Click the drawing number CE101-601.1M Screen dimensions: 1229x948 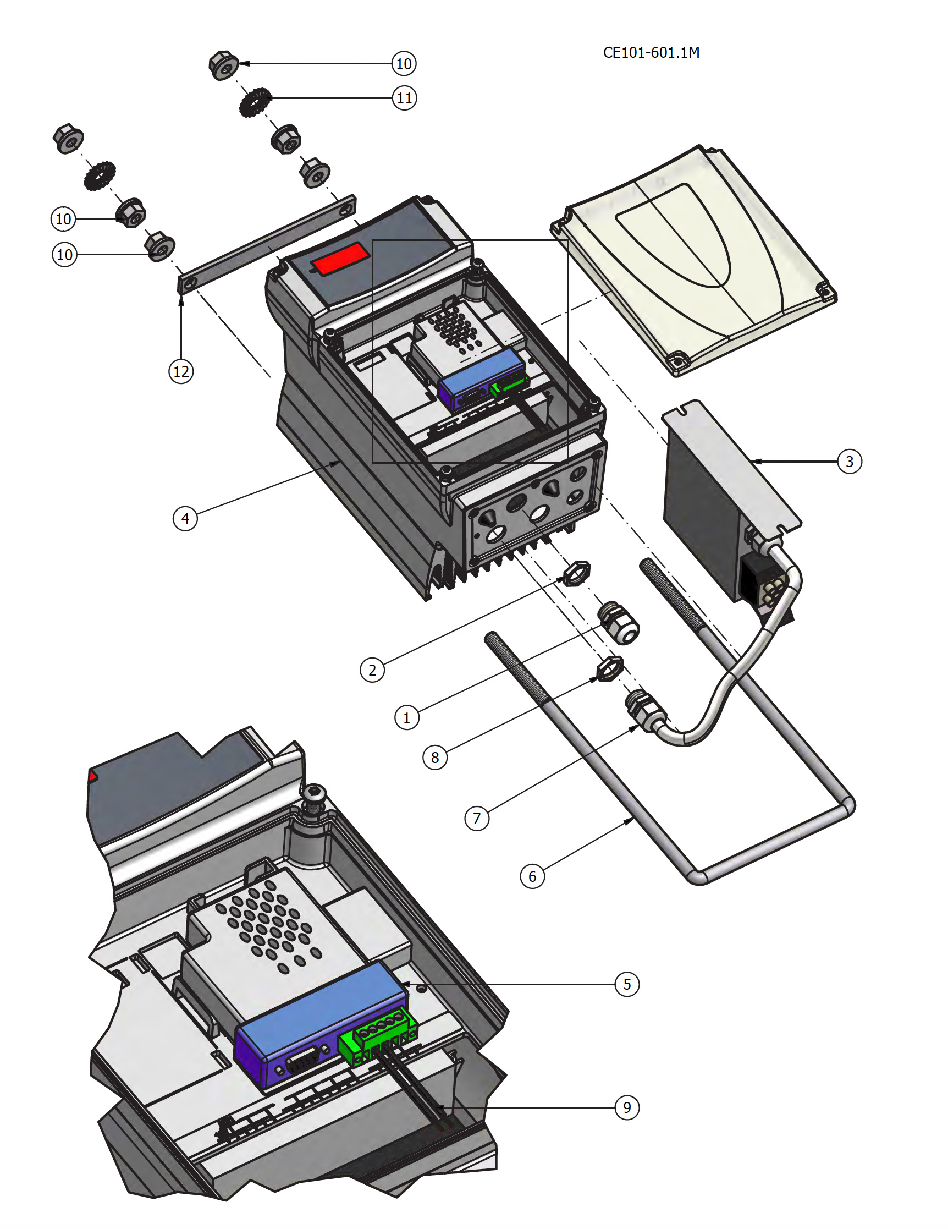(x=651, y=52)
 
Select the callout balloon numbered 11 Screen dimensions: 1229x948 (x=404, y=98)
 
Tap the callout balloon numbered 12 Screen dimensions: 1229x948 (x=181, y=371)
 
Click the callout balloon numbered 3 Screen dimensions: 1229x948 (x=849, y=462)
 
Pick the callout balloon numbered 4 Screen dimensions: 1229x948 (x=185, y=518)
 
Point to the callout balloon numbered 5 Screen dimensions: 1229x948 (x=627, y=984)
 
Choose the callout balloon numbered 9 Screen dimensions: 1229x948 (x=627, y=1107)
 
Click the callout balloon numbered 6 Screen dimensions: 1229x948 (x=532, y=876)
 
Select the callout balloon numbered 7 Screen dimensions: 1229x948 (x=477, y=818)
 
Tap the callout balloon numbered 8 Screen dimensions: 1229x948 (x=435, y=758)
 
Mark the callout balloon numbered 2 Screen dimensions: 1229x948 (x=372, y=670)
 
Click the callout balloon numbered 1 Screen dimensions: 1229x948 (x=407, y=717)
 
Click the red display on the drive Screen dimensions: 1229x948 (x=340, y=259)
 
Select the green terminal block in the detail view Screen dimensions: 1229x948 (x=378, y=1039)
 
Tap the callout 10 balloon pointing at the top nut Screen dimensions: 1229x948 (x=404, y=64)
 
